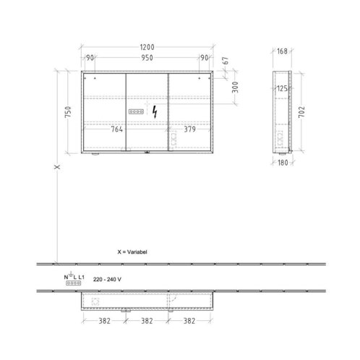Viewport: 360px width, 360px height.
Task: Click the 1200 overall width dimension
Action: pos(147,47)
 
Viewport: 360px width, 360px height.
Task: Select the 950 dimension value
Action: pos(147,58)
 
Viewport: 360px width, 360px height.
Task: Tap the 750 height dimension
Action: pos(69,112)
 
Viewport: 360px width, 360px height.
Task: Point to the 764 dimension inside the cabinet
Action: pos(117,129)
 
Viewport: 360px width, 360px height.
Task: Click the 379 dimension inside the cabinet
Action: pos(190,129)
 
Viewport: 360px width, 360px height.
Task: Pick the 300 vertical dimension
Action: pos(235,87)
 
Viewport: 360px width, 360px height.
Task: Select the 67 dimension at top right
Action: pos(225,61)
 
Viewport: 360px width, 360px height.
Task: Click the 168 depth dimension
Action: pos(282,51)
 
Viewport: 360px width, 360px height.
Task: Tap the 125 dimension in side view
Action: pos(282,89)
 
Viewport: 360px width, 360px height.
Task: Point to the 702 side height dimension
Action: pos(301,112)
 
